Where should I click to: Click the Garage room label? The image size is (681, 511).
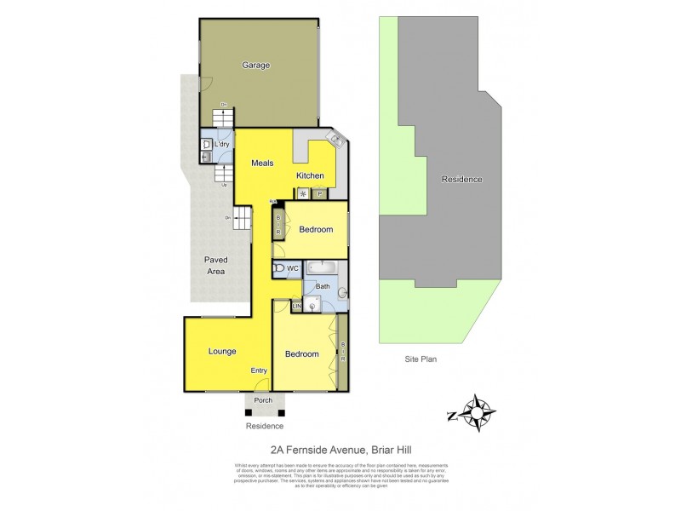(x=256, y=65)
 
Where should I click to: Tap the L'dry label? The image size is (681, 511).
(x=221, y=145)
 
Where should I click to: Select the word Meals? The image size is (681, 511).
(x=261, y=163)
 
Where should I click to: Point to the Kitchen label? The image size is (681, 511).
(x=310, y=176)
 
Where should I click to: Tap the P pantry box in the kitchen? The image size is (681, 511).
(x=320, y=194)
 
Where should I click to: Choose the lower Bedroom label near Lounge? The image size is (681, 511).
(x=301, y=354)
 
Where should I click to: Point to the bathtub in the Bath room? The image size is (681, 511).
(x=324, y=268)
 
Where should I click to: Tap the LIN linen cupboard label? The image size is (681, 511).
(x=297, y=306)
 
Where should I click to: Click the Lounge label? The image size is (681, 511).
(x=222, y=351)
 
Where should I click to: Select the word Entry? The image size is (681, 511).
(x=259, y=370)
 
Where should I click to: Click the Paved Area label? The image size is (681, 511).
(x=217, y=265)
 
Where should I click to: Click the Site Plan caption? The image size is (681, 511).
(x=421, y=360)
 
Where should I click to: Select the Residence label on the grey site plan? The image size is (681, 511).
(x=461, y=180)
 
